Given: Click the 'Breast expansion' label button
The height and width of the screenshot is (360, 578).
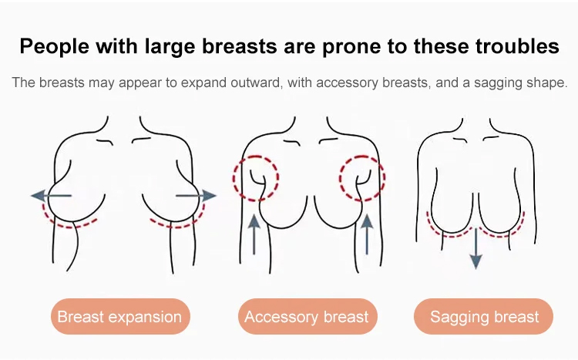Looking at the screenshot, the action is (120, 317).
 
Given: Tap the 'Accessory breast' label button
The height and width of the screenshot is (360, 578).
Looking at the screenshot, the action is (307, 317).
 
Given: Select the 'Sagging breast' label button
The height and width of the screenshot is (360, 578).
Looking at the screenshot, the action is (484, 317).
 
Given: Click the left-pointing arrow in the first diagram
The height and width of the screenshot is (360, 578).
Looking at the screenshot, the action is (51, 196).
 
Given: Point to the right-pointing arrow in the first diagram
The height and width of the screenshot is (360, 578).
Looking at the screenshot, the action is (196, 196).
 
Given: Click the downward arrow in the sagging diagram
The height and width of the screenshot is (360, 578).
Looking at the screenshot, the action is (476, 248).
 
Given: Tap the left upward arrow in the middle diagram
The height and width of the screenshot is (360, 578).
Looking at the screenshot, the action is (254, 234).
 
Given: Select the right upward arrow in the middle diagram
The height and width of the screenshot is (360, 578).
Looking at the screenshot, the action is (367, 234).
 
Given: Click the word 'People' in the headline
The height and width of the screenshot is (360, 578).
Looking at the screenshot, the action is (55, 46).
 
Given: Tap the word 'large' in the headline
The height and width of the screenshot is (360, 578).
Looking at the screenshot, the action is (170, 47).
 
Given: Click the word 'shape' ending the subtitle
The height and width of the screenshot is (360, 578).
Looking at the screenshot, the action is (547, 83).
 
